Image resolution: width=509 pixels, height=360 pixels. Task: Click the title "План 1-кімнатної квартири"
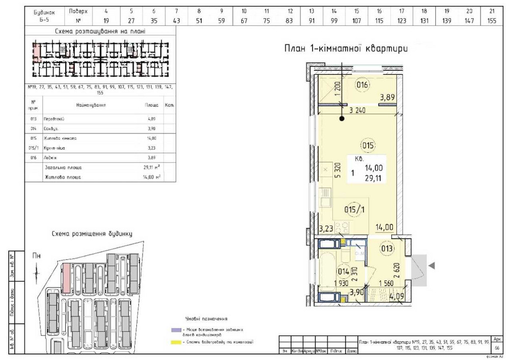pos(346,49)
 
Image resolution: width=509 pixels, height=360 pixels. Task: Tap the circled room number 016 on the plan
pos(362,85)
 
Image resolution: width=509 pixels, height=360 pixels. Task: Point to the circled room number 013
pos(387,248)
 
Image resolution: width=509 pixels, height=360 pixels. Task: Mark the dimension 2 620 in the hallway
pos(395,269)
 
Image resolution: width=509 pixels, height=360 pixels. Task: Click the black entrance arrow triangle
pos(432,265)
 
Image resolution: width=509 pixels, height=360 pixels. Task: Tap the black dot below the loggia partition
pos(342,119)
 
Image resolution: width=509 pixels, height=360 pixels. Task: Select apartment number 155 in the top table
pos(491,20)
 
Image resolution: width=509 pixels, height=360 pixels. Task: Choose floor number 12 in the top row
pos(290,11)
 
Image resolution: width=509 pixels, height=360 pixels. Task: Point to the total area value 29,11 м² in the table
pos(152,168)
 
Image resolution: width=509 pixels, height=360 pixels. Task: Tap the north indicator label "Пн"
pos(36,256)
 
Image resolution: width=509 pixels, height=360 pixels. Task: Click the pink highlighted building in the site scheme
pos(66,278)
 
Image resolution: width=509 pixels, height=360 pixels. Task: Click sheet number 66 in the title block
pos(497,347)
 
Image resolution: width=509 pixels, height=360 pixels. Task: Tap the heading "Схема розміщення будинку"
pos(92,234)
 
